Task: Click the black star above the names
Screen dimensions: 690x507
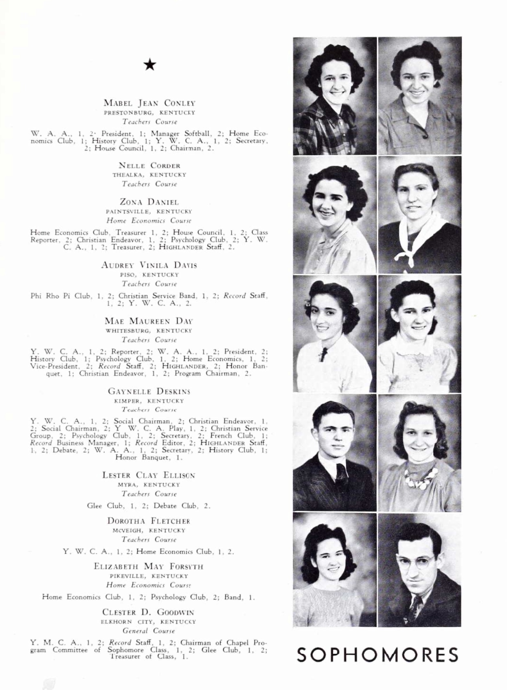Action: (150, 64)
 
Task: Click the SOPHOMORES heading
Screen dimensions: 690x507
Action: (378, 655)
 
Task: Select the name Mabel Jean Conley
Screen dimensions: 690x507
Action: (149, 103)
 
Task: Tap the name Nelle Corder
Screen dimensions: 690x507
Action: (149, 166)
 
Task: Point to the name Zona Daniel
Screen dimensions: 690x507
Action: (149, 202)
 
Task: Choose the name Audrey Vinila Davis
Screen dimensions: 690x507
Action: (149, 265)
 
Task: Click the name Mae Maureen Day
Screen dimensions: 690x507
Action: (149, 321)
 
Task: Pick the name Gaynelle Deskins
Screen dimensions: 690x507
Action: (149, 391)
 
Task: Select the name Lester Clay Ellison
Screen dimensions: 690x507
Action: (149, 475)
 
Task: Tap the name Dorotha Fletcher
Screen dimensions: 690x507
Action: (149, 521)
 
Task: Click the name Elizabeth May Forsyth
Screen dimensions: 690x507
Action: (149, 566)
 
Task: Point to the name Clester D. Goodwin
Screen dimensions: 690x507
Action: (149, 612)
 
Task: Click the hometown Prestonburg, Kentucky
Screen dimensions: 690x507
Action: (149, 113)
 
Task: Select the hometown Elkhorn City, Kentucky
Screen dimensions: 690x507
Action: (149, 622)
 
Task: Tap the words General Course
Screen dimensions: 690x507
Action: (149, 631)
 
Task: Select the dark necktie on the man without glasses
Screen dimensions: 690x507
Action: (341, 474)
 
